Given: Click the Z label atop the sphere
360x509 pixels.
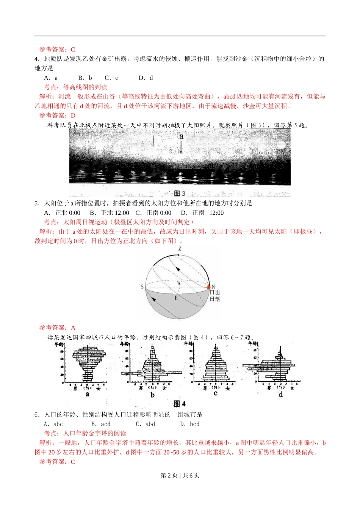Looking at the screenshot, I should tap(180, 249).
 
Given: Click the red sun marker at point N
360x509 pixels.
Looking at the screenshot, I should tap(208, 287).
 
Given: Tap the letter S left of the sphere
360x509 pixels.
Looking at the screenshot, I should tap(142, 287).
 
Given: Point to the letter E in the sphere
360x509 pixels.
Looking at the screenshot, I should tap(176, 298).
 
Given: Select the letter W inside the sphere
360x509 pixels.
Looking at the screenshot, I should tap(179, 283).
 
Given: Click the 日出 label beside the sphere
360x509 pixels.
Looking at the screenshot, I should tap(215, 292).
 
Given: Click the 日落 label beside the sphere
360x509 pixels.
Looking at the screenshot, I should tap(215, 299).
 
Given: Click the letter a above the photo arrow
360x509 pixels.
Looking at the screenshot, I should tap(181, 136).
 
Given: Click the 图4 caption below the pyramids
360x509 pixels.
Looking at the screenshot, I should tap(179, 404).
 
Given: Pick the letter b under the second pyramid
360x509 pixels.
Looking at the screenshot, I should tap(152, 395).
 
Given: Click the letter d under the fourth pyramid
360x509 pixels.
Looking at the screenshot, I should tap(280, 395).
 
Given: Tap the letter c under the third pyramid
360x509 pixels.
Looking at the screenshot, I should tap(215, 394).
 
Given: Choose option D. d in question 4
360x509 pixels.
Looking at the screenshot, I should tap(146, 78).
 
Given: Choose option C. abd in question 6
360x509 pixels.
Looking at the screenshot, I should tap(146, 424).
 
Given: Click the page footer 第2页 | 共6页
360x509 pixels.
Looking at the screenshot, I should tap(180, 475).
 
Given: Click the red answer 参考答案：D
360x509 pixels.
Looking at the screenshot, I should tap(58, 116).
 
